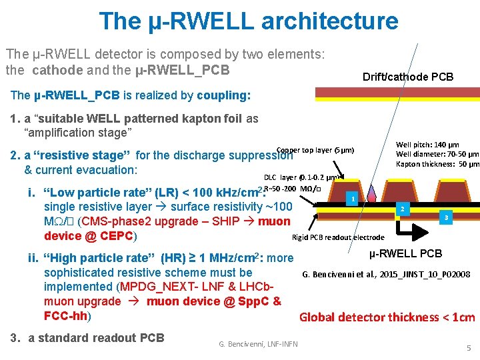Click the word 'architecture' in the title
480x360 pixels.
pos(329,21)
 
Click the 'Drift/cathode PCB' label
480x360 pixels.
pos(408,77)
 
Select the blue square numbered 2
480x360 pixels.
pos(401,209)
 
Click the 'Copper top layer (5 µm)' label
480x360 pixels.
pos(315,149)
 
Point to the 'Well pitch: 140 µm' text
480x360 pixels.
pos(427,144)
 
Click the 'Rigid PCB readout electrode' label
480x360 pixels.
pos(339,237)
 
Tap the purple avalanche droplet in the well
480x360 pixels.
pos(372,193)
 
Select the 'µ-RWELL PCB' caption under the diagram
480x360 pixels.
pos(405,253)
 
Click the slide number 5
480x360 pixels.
pos(469,347)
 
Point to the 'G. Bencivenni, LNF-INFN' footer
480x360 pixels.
pos(258,344)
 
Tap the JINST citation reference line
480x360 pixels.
pos(387,274)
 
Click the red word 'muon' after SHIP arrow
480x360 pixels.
pos(274,221)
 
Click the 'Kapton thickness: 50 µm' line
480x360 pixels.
pos(437,164)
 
